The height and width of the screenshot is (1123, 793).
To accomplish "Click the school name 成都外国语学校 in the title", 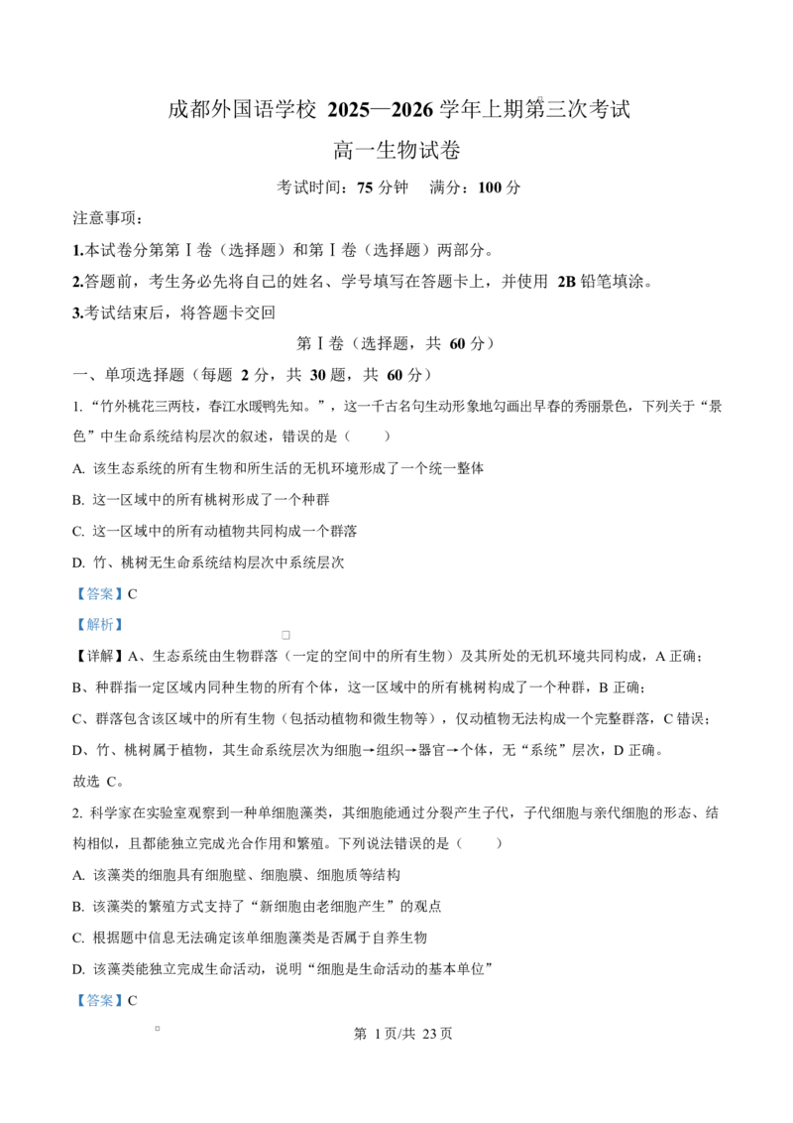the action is coord(242,109).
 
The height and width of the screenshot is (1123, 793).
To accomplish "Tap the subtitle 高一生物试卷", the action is coord(396,151).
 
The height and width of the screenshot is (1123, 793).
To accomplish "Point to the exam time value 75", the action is coord(365,187).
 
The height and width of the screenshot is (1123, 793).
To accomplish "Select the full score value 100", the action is coord(490,187).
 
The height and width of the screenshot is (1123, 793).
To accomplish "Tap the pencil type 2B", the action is coord(567,282).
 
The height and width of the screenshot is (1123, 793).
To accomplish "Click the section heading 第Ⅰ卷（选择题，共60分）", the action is coord(396,344).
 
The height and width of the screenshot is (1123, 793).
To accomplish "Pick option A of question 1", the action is coord(279,468).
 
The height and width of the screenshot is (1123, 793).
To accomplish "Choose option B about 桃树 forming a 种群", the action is coord(201,500).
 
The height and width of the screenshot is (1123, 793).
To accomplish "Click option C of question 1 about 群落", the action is coord(215,532).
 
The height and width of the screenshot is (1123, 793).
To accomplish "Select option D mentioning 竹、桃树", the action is coord(208,562).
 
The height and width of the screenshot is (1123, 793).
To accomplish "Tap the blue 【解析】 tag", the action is coord(99,625).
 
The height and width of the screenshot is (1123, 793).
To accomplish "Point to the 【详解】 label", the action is coord(99,656).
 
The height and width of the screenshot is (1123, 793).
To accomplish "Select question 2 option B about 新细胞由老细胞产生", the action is coord(257,907).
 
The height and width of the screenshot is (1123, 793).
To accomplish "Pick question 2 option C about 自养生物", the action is coord(250,937).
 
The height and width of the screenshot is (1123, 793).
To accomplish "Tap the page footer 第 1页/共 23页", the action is coord(402,1034).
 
